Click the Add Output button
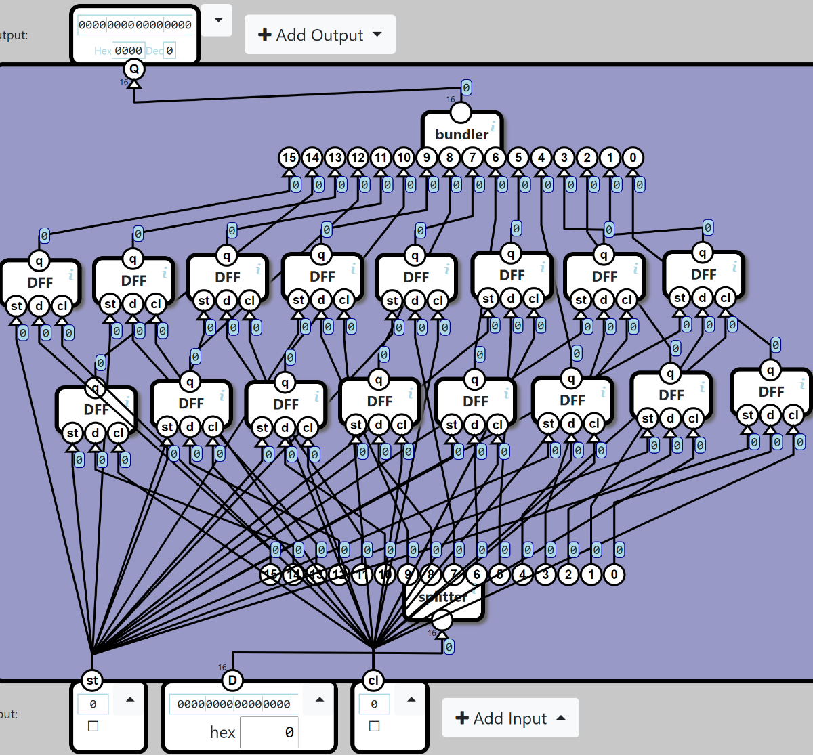click(x=320, y=35)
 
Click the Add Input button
click(x=510, y=718)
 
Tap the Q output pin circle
click(x=134, y=68)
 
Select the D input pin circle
click(x=232, y=681)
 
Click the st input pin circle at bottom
click(x=92, y=681)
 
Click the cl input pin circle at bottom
click(x=373, y=681)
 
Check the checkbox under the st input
click(x=93, y=726)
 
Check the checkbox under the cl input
click(x=374, y=726)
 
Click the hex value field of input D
click(x=269, y=732)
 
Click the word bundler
click(x=461, y=134)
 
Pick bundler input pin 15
click(x=289, y=158)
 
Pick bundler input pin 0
click(x=633, y=158)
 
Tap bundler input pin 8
click(x=450, y=158)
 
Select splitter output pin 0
click(x=614, y=575)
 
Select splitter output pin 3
click(x=545, y=575)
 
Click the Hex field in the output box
click(x=128, y=50)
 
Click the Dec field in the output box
click(x=169, y=50)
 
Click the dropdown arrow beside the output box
click(x=218, y=20)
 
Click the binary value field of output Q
click(x=135, y=25)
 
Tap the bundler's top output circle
click(x=461, y=112)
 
